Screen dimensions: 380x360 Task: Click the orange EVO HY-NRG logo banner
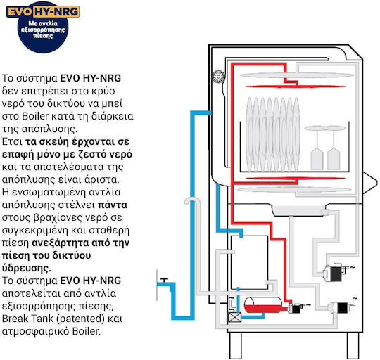43,12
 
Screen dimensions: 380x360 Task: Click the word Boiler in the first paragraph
35,116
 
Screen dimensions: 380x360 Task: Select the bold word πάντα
113,205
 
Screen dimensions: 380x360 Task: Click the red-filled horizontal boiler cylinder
263,305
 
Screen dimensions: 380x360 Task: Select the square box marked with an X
235,317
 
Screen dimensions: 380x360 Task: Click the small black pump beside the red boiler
296,309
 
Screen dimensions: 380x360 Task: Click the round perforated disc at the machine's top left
218,77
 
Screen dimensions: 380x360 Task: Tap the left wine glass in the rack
317,148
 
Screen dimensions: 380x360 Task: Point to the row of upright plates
273,134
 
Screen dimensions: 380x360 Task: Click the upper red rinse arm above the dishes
296,86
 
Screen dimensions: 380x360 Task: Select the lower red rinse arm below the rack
296,179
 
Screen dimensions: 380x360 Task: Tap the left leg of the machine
235,346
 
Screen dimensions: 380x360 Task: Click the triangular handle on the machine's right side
370,183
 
